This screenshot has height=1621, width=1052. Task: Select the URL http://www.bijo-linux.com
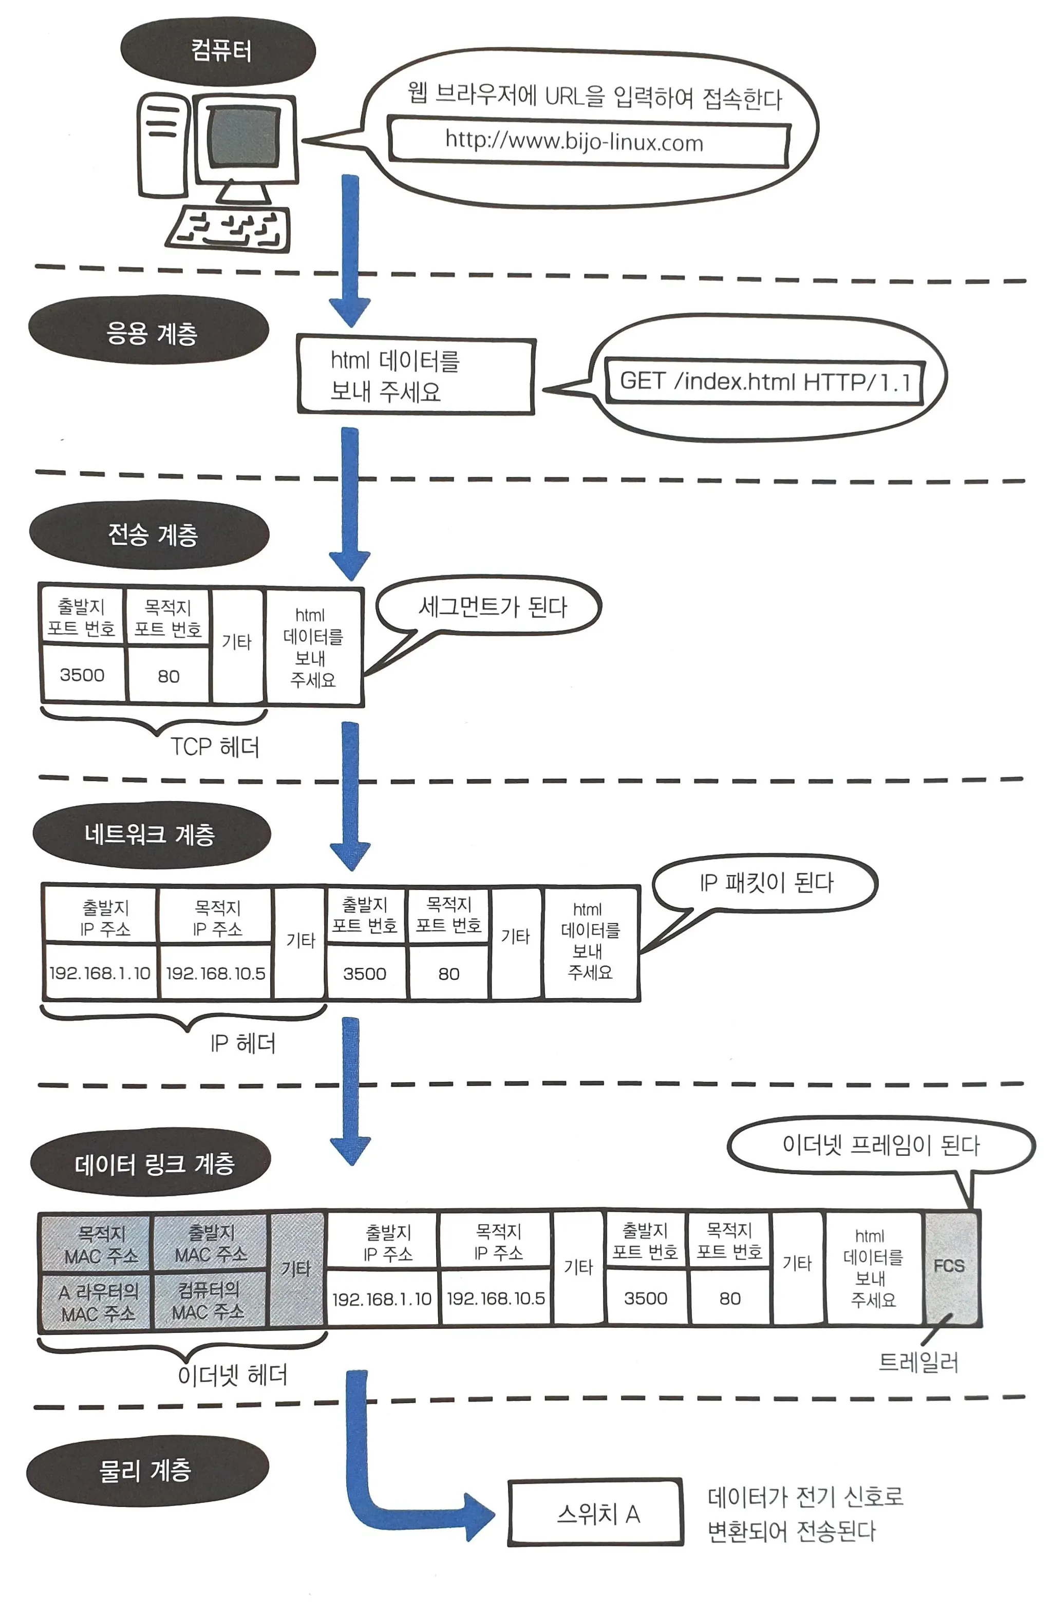[x=574, y=142]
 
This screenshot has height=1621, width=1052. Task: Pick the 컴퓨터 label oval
[x=219, y=51]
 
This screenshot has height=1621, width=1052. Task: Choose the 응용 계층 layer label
[x=150, y=332]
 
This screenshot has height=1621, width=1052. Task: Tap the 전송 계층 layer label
[x=151, y=534]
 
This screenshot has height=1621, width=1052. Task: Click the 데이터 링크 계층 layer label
[x=153, y=1164]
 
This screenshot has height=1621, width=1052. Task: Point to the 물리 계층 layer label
[x=146, y=1470]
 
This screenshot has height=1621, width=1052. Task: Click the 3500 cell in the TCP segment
[x=82, y=675]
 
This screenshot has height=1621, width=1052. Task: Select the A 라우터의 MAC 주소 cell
[x=98, y=1301]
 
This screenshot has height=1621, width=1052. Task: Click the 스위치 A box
[x=595, y=1513]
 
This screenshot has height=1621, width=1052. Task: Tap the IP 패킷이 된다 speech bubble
[x=766, y=883]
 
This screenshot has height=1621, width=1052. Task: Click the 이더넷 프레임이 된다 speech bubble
[x=880, y=1146]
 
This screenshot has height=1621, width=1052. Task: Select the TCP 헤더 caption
[x=214, y=747]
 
